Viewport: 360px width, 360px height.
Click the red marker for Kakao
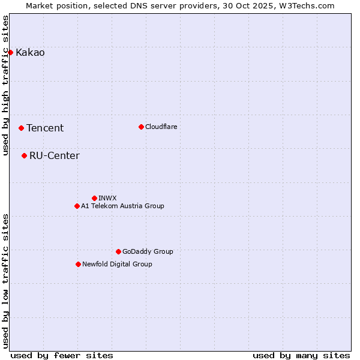pos(10,52)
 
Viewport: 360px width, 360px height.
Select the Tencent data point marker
pos(21,128)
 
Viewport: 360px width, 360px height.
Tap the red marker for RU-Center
pos(24,155)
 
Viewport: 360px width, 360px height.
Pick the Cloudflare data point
pos(141,127)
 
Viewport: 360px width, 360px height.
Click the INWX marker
pos(94,198)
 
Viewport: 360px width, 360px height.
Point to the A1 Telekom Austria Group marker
pos(77,206)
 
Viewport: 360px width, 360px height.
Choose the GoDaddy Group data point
pos(118,251)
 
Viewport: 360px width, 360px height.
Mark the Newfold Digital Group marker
pos(78,264)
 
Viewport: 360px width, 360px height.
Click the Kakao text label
pos(30,53)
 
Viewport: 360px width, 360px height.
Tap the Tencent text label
pos(45,128)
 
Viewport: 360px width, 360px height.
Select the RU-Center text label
pos(54,156)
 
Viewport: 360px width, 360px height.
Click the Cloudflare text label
pos(161,127)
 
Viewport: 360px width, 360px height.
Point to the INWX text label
pos(107,198)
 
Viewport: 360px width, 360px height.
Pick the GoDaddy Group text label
pos(148,251)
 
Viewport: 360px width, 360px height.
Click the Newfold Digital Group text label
pos(117,264)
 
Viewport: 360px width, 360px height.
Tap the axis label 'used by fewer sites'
pos(62,355)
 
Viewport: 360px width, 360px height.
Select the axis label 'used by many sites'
pos(301,355)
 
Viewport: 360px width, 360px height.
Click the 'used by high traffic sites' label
pos(6,85)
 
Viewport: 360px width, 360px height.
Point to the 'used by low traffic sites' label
pos(6,281)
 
